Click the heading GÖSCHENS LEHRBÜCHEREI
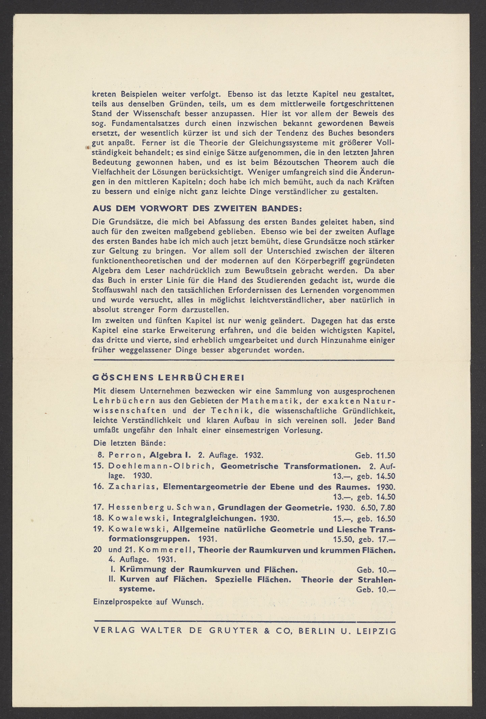point(169,378)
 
